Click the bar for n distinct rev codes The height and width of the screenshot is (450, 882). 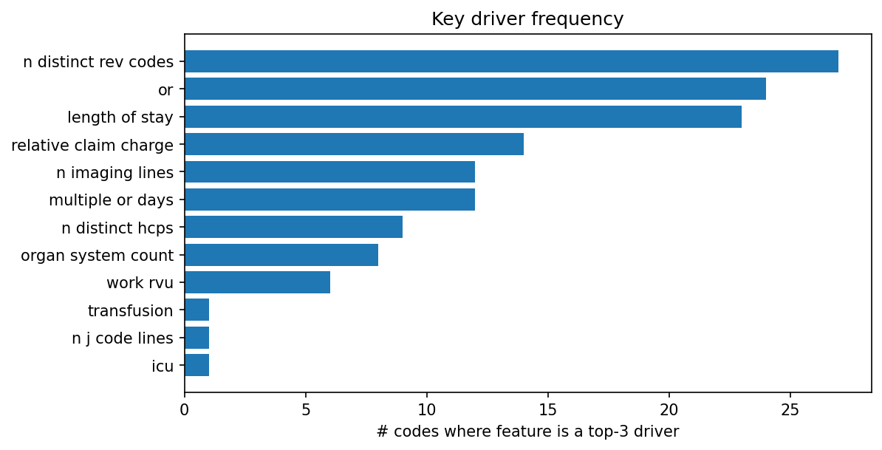[x=511, y=61]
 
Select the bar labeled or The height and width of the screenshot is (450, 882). [x=475, y=89]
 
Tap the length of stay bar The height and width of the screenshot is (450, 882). [x=463, y=117]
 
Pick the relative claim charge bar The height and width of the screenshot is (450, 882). [x=354, y=144]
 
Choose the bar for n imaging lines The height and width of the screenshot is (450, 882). [x=329, y=172]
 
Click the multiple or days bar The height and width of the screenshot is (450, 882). [x=329, y=200]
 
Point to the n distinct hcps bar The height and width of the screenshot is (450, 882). [x=293, y=227]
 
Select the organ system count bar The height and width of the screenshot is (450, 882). [x=281, y=255]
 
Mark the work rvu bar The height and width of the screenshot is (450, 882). [x=257, y=282]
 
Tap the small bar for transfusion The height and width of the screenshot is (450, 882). [x=196, y=310]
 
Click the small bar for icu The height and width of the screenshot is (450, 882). [x=196, y=365]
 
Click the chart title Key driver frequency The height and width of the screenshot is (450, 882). [x=527, y=19]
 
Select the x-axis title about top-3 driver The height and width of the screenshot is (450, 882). [x=527, y=432]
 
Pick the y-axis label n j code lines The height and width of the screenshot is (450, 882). [x=123, y=338]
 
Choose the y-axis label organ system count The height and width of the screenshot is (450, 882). [x=97, y=256]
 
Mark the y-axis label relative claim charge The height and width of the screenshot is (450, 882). [x=92, y=145]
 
